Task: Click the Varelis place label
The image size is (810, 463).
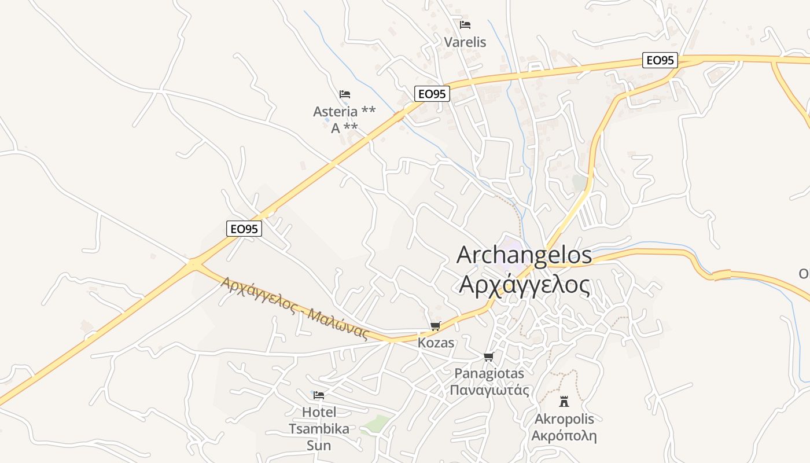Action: [x=465, y=42]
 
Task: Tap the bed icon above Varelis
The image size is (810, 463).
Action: [x=465, y=25]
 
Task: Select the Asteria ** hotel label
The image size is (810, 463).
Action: [x=344, y=111]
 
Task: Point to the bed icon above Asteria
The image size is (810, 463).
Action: [x=345, y=94]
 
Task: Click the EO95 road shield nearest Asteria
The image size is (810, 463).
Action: [x=432, y=94]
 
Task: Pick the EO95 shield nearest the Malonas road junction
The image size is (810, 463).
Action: [x=244, y=229]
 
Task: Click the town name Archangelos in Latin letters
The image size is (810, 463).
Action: [x=524, y=255]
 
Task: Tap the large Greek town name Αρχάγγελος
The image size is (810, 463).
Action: [x=524, y=284]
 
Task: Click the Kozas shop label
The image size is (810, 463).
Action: [x=436, y=343]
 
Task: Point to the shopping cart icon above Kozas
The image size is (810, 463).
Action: [x=436, y=326]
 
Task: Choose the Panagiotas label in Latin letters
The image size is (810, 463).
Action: [x=489, y=373]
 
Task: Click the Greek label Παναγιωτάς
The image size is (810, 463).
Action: [x=489, y=389]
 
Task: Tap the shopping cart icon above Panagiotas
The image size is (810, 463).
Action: [x=489, y=357]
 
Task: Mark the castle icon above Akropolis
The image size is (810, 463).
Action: [x=564, y=401]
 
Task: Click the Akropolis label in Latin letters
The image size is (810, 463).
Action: [x=564, y=419]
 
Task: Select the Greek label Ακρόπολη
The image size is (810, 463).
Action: [x=564, y=436]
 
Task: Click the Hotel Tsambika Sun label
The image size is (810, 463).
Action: [x=319, y=429]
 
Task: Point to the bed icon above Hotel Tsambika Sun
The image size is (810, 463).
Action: [x=318, y=395]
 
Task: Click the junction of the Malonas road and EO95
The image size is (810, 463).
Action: [x=194, y=264]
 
